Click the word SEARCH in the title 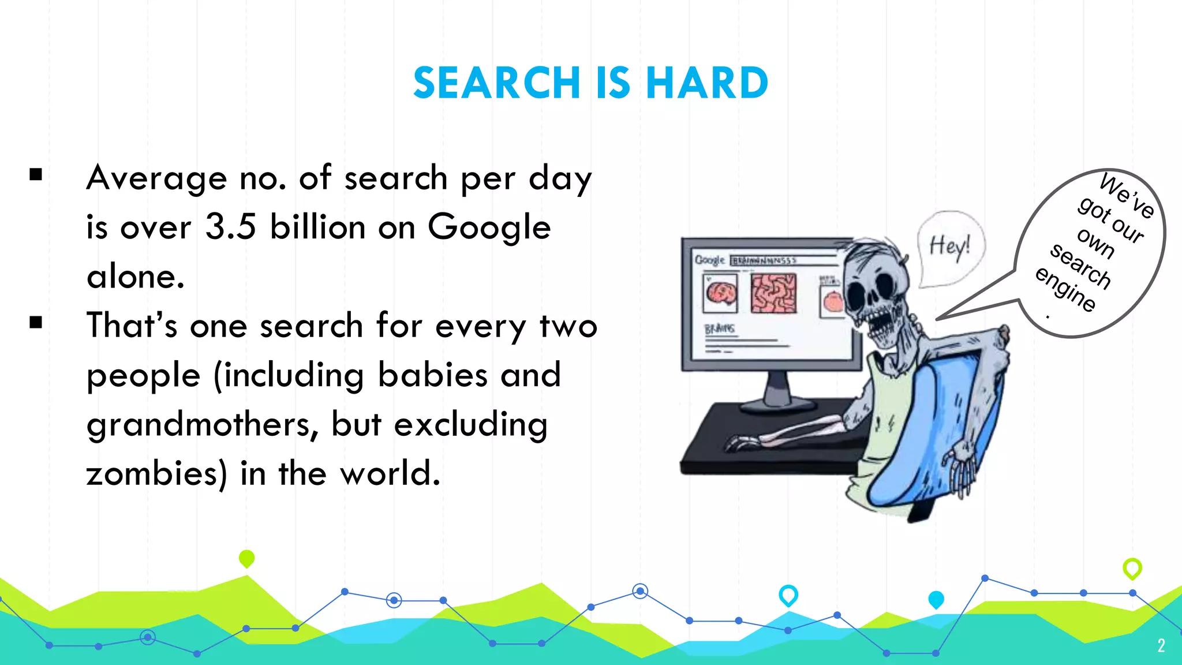pos(497,83)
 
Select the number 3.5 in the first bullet pos(230,226)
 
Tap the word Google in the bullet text pos(489,227)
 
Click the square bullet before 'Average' pos(36,174)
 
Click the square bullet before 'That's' pos(36,322)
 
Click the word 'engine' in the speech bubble pos(1065,289)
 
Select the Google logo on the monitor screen pos(709,260)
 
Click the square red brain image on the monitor pos(773,293)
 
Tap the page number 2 pos(1161,645)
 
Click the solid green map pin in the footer pos(246,558)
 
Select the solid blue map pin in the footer pos(936,599)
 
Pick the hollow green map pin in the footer pos(1132,568)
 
